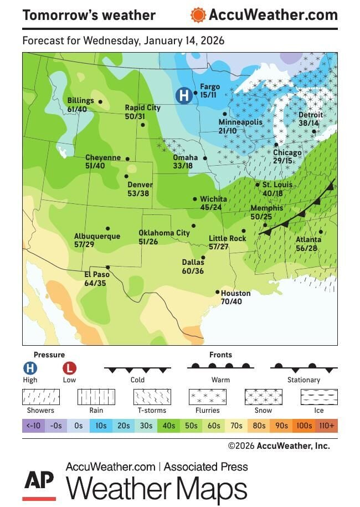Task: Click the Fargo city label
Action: (210, 86)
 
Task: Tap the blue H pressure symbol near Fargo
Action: (183, 95)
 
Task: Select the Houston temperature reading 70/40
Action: (232, 301)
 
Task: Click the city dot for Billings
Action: (100, 101)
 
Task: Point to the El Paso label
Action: (95, 275)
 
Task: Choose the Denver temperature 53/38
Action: (138, 193)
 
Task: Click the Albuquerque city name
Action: (97, 236)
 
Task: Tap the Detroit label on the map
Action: (310, 115)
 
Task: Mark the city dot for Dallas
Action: (203, 257)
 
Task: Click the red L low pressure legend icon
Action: (69, 368)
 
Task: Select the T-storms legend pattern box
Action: (152, 397)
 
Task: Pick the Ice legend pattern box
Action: (318, 397)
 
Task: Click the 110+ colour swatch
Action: (327, 426)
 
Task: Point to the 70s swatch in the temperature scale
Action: (236, 426)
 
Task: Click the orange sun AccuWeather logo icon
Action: (198, 15)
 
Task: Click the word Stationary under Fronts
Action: (304, 380)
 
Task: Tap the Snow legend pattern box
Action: (263, 397)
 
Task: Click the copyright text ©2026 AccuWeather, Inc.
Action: (279, 445)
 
